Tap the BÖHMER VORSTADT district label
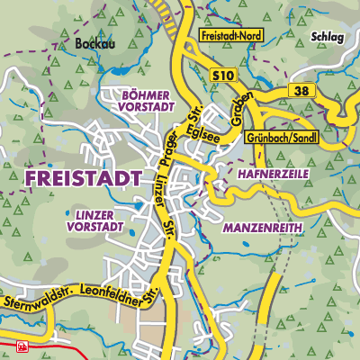[137, 99]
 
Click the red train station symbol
[22, 346]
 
